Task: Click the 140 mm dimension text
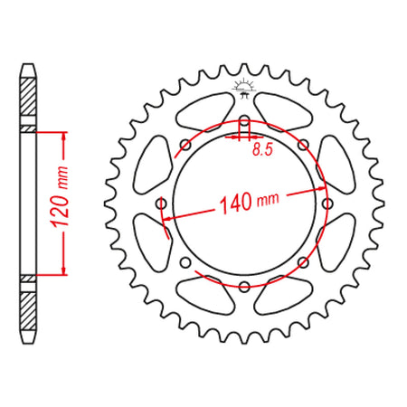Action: pos(250,203)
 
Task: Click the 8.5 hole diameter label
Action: pos(262,149)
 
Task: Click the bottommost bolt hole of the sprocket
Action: pos(244,287)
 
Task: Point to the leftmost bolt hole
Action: pos(161,203)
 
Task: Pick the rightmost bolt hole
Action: pos(327,203)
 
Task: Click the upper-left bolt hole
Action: pos(185,145)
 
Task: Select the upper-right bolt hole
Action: pos(303,145)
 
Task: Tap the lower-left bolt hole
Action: pos(185,262)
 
